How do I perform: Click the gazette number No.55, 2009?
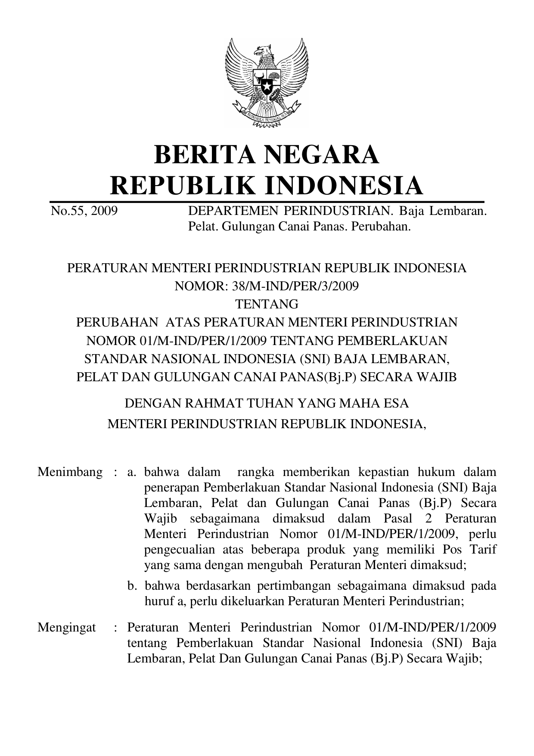[x=84, y=212]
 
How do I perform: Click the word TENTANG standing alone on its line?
[x=267, y=304]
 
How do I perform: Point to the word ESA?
[x=396, y=404]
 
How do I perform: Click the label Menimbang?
[x=70, y=472]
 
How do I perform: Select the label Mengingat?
[x=67, y=627]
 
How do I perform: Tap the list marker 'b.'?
[x=132, y=586]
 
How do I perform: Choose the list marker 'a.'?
[x=132, y=472]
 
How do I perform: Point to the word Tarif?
[x=482, y=550]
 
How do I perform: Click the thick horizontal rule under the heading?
[x=267, y=202]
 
